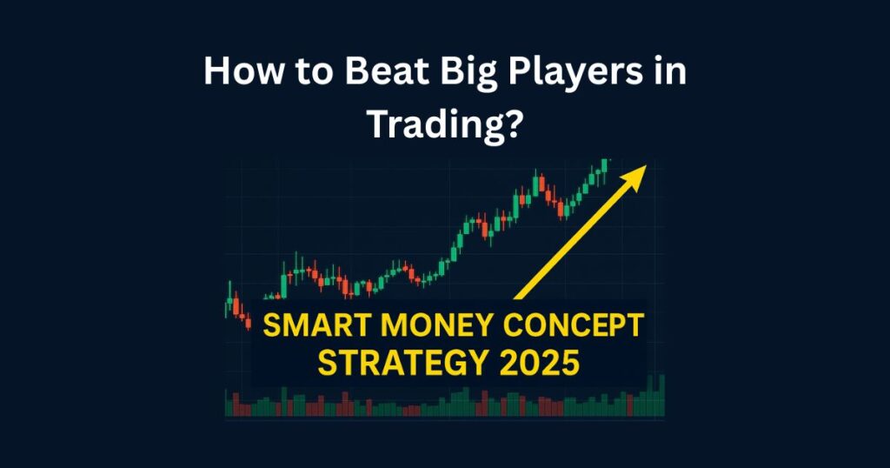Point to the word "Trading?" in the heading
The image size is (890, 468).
[x=444, y=125]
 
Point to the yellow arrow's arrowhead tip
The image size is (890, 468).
[x=645, y=165]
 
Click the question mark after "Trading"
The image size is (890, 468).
[x=515, y=125]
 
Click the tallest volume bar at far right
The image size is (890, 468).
[x=661, y=395]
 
